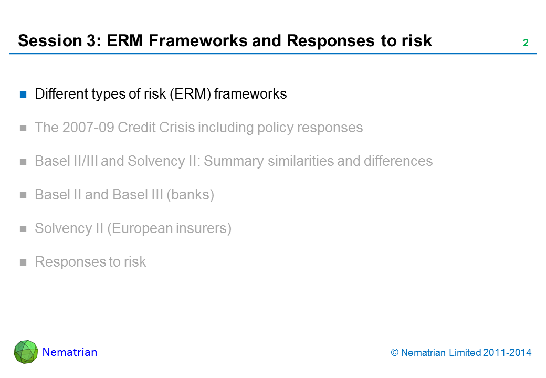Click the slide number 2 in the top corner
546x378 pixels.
(526, 43)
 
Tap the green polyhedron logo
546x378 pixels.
(26, 352)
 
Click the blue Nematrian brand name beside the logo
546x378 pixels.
(70, 352)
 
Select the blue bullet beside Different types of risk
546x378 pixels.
(23, 94)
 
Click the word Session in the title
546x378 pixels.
(50, 40)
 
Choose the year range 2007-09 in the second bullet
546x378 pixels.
(88, 128)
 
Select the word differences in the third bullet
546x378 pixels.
(398, 161)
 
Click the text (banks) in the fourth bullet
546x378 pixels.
(190, 195)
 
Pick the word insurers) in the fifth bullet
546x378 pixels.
(204, 228)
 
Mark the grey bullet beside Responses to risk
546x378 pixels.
(23, 262)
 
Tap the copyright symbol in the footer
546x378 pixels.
(394, 353)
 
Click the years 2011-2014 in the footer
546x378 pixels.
(507, 353)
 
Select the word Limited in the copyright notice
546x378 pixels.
(465, 353)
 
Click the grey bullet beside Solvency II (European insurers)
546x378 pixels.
(23, 229)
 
